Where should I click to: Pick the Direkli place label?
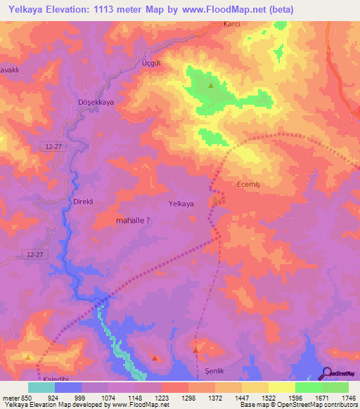(84, 202)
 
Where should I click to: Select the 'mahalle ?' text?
(132, 220)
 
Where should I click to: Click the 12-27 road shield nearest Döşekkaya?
(53, 145)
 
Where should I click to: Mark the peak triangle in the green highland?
(211, 86)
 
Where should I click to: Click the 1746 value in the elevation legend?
(347, 398)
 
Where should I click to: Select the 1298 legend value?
(188, 398)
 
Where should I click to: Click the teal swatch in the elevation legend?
(41, 387)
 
